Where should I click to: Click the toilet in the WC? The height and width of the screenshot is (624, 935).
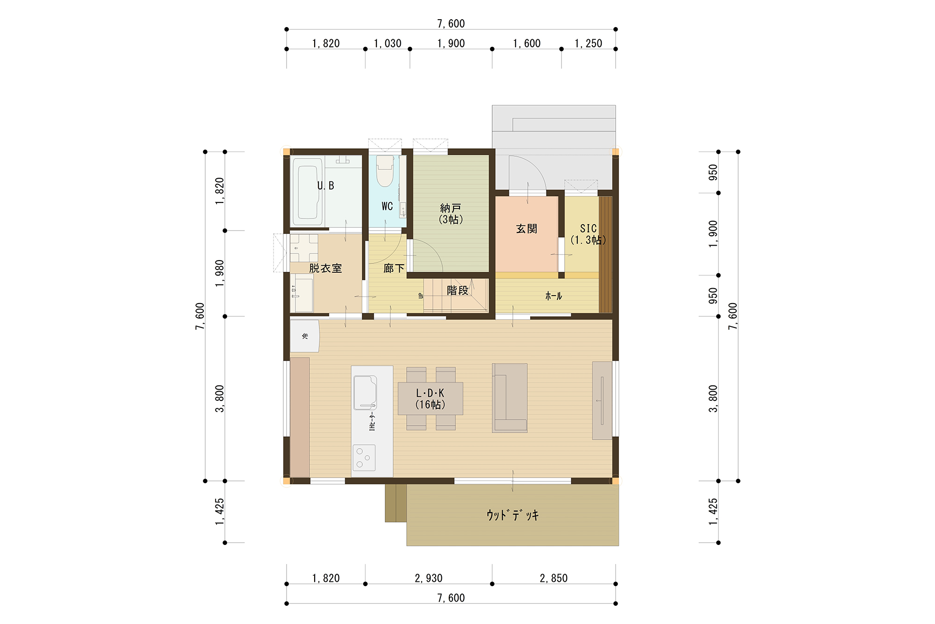pos(385,171)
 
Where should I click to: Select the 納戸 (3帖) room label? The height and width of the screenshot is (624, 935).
pos(451,213)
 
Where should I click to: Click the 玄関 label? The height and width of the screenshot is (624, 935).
pos(526,229)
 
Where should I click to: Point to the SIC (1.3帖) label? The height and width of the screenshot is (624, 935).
pos(588,234)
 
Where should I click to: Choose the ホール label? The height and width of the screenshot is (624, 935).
pos(554,296)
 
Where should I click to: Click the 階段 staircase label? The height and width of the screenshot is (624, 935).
pos(458,290)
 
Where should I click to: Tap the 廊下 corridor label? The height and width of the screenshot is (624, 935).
pos(394,268)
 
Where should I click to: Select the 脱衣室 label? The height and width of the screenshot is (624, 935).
pos(325,268)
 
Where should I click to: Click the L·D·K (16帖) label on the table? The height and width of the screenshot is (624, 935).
pos(430,399)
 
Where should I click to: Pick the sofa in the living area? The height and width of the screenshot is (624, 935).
pos(510,398)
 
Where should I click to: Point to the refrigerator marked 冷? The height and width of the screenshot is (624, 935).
pos(305,336)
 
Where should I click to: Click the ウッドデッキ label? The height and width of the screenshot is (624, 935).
pos(512,515)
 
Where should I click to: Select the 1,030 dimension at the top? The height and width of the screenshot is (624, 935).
pos(388,44)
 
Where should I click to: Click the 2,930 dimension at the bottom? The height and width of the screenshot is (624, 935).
pos(428,578)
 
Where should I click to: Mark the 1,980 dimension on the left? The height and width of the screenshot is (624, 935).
pos(220,273)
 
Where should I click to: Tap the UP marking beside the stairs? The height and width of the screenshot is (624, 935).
pos(420,296)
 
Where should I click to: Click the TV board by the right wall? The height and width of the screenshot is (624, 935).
pos(602,400)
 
